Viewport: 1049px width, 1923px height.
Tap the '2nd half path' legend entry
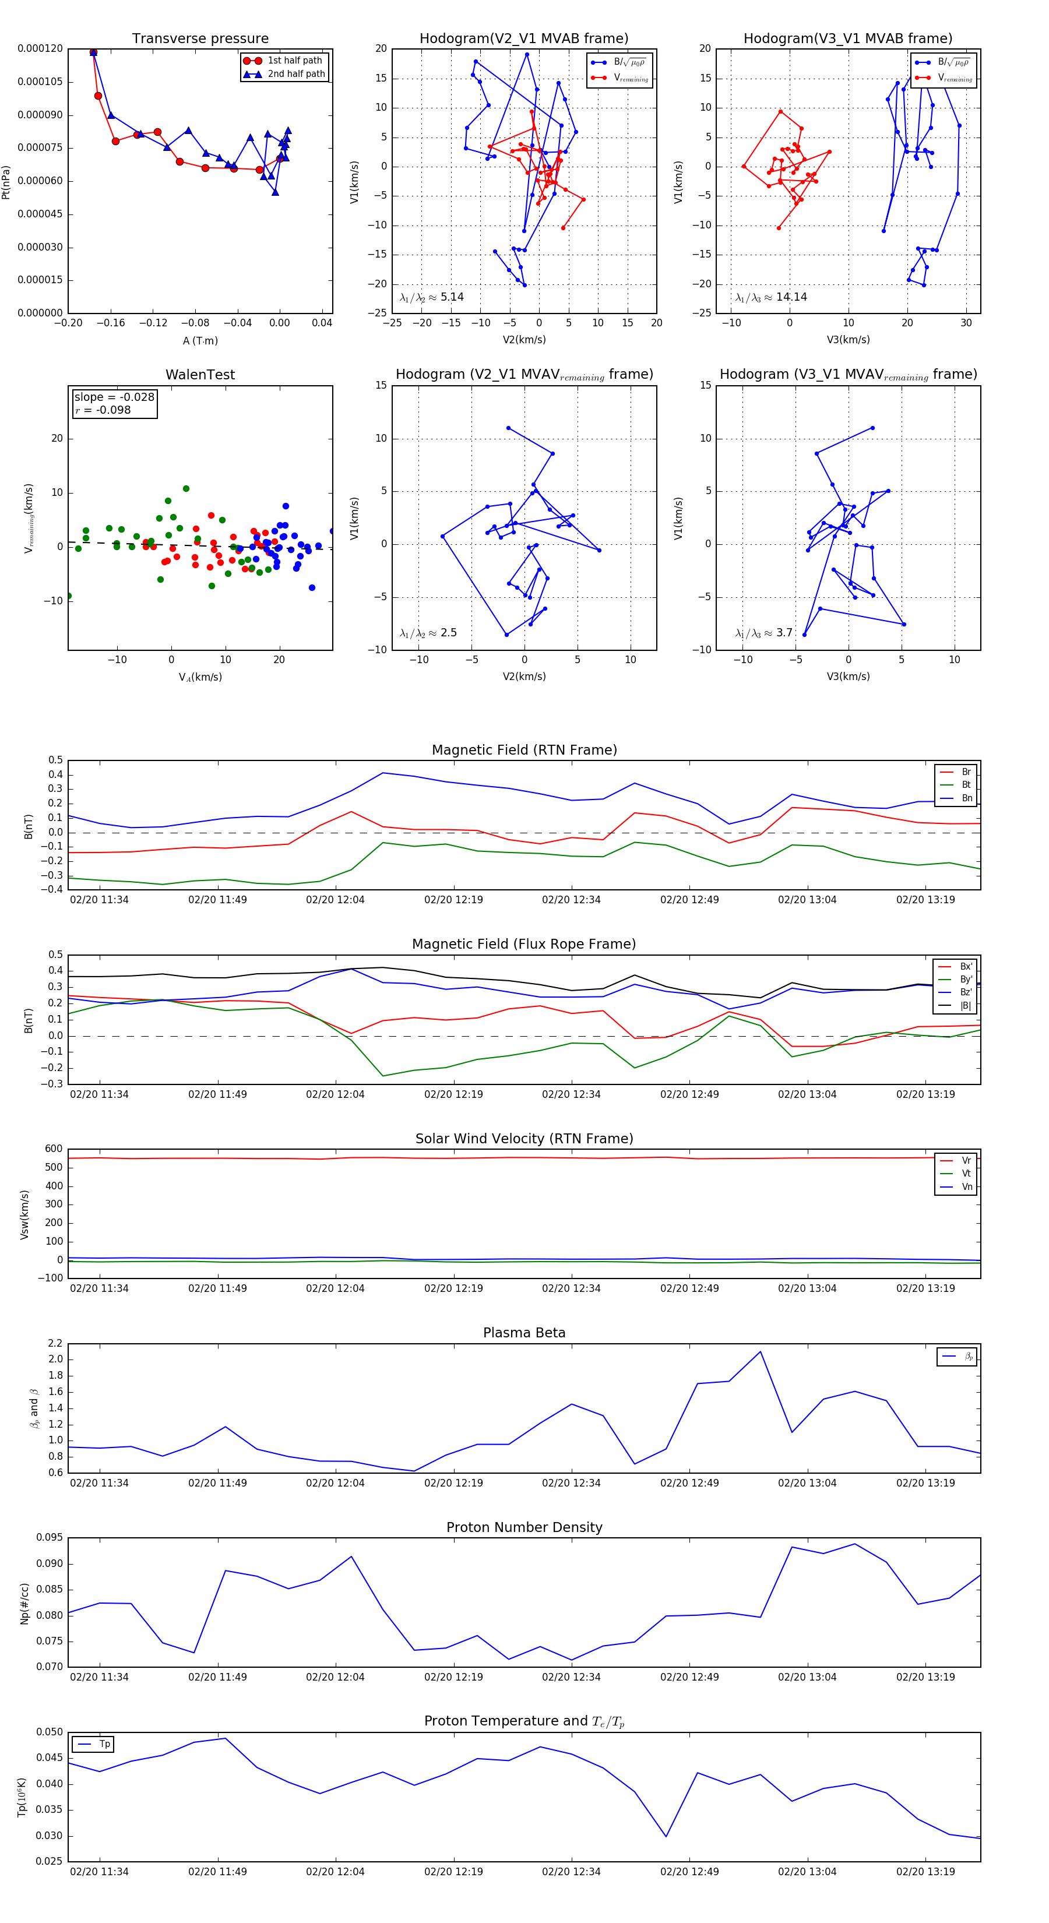295,74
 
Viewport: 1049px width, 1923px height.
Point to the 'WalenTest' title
200,375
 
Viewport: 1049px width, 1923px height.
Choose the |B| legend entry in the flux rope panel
964,1006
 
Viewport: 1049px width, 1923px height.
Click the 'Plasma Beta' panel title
524,1333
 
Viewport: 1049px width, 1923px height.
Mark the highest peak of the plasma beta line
760,1351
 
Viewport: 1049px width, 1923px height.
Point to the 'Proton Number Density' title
524,1527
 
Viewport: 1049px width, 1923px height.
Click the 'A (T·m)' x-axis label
200,340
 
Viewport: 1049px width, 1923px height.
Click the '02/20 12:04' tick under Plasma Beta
335,1482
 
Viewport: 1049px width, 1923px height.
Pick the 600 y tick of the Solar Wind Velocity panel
54,1149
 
